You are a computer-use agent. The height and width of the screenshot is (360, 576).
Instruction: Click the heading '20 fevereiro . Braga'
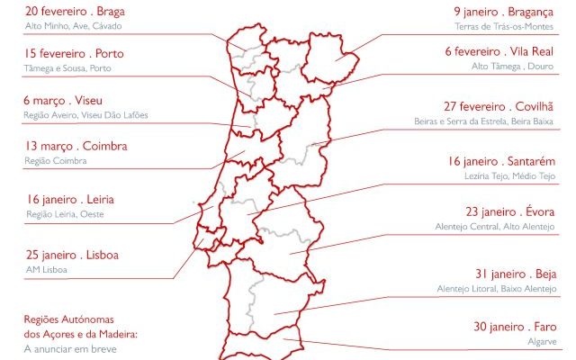point(75,13)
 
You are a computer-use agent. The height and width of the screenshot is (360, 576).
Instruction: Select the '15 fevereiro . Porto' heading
point(74,54)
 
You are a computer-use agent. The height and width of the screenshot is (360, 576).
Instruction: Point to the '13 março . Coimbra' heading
point(76,146)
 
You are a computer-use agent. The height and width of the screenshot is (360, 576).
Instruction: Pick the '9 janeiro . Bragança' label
point(503,13)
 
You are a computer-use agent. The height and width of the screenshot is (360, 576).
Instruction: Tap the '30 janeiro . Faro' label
point(515,328)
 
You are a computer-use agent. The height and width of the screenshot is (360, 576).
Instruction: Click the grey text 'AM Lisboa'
point(47,269)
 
